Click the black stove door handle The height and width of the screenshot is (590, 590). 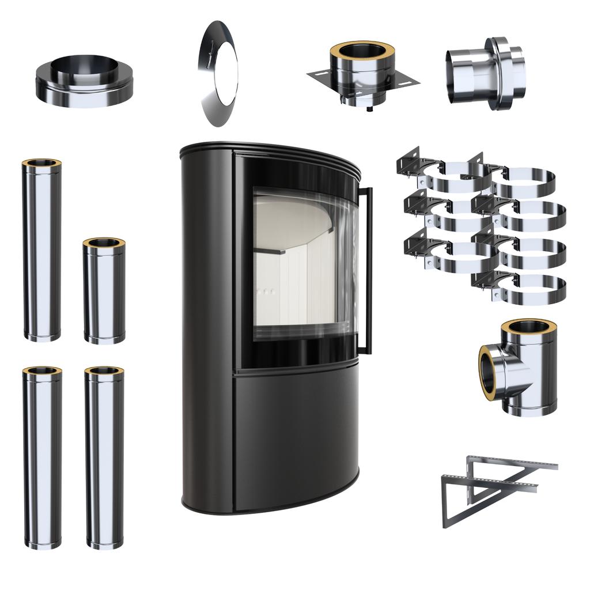click(x=367, y=271)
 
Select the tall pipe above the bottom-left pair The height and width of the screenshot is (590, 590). click(x=42, y=251)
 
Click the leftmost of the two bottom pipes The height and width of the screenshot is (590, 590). click(x=42, y=458)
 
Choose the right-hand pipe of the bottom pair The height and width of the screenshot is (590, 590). click(x=104, y=458)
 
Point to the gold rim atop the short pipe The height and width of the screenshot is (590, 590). click(x=104, y=243)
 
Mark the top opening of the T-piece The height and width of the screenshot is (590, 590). click(x=528, y=326)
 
